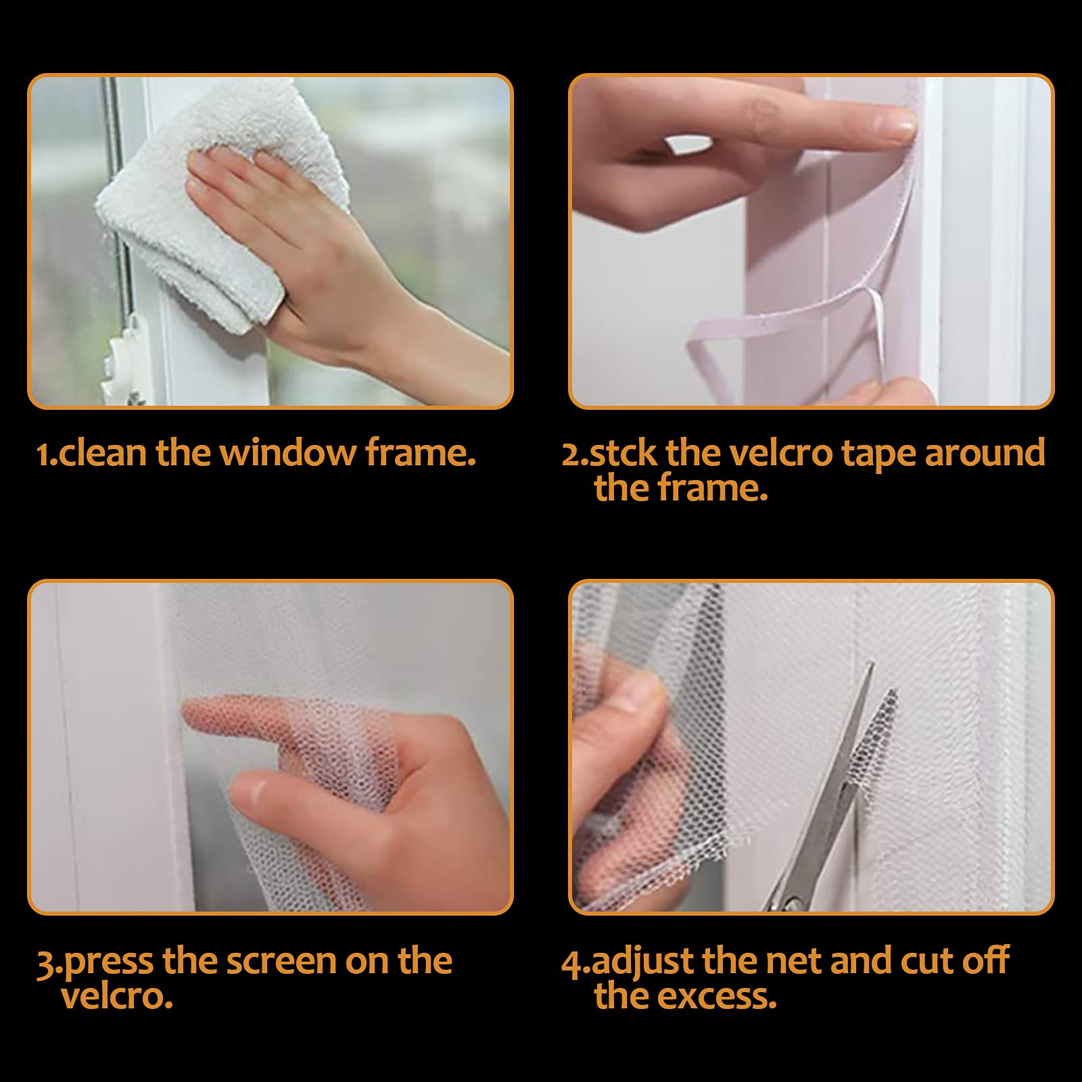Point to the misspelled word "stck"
tap(623, 452)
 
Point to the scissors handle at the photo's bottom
tap(784, 896)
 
